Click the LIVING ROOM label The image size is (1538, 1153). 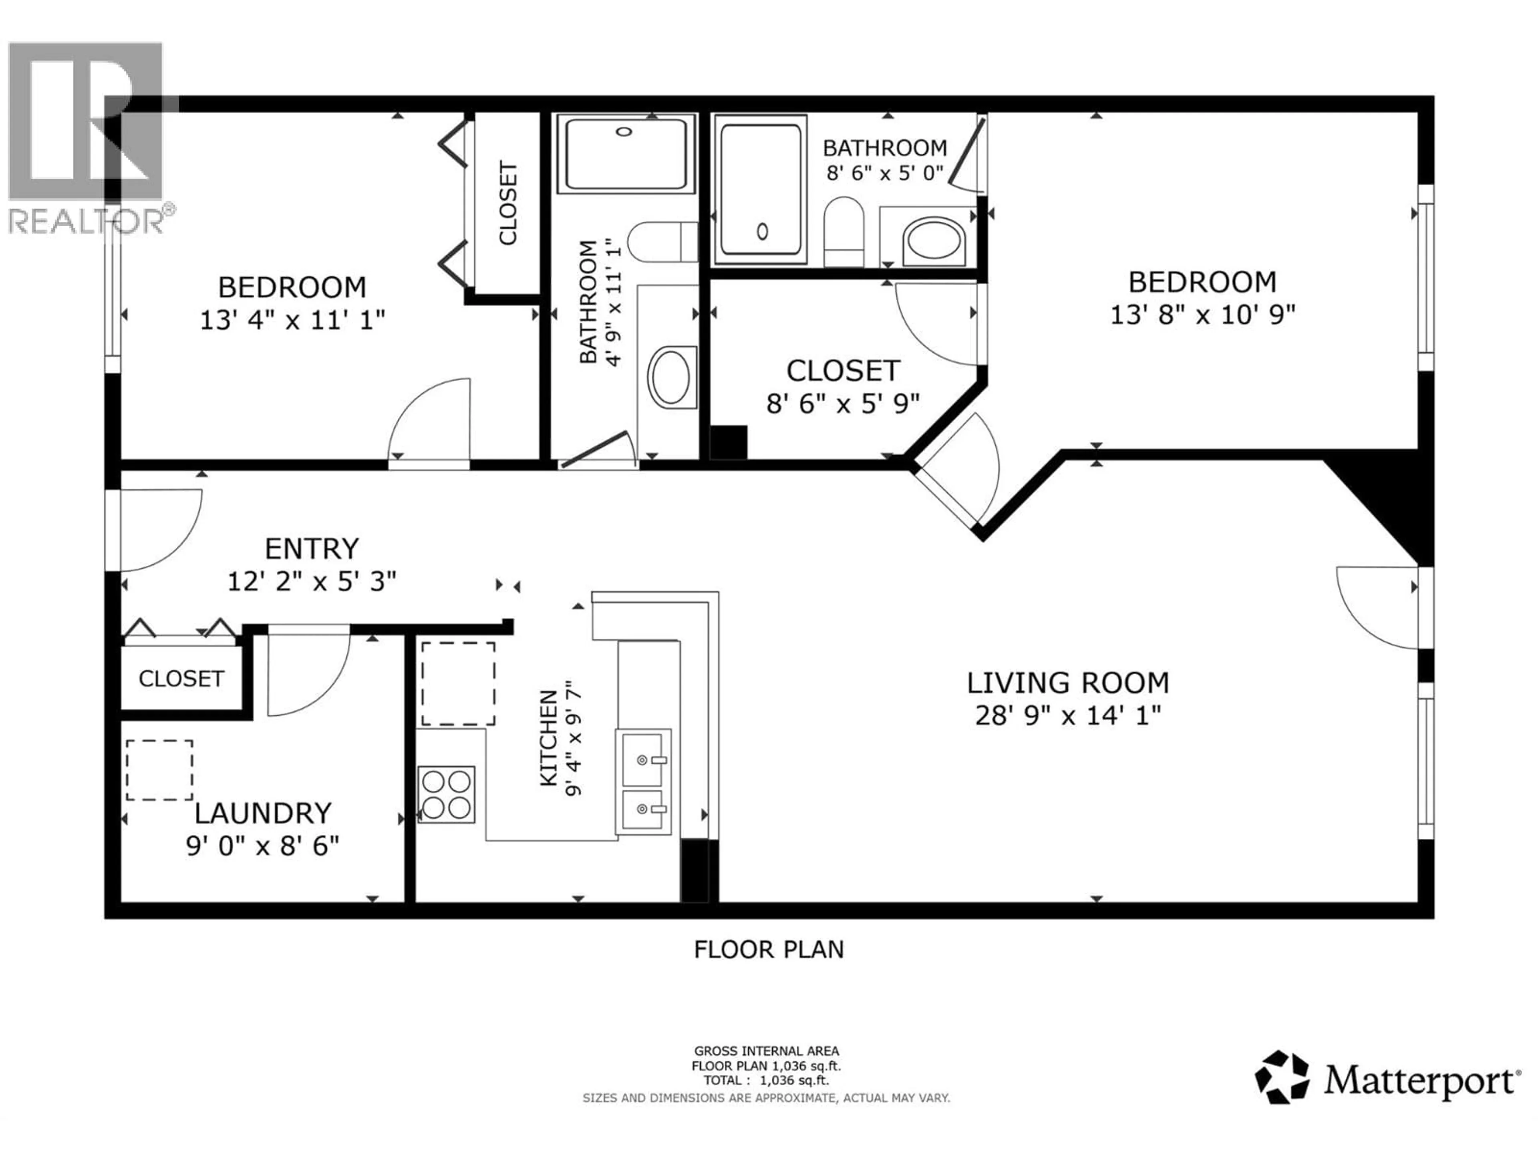click(x=1067, y=683)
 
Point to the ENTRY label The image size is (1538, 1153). click(x=312, y=549)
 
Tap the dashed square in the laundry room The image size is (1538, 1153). click(x=159, y=770)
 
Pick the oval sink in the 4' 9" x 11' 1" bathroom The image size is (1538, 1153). click(x=671, y=377)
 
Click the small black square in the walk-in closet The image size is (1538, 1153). click(x=728, y=442)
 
